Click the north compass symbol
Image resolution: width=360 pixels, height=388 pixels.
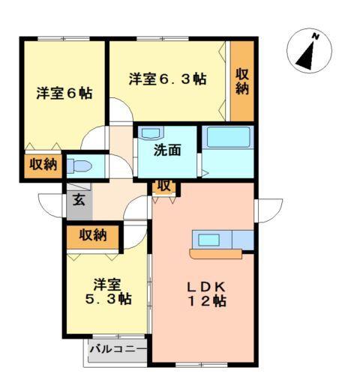[x=309, y=51]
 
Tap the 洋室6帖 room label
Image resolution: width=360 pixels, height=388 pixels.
[x=64, y=94]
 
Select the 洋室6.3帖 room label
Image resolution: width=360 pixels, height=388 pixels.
[x=166, y=79]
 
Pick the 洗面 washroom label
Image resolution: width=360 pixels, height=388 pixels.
[x=167, y=150]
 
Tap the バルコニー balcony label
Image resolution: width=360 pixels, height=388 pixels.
[x=118, y=349]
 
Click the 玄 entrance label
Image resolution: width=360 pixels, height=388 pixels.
[x=78, y=200]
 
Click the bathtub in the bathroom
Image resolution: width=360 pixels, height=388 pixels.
[x=227, y=139]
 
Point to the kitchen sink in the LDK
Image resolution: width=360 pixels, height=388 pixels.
[x=208, y=240]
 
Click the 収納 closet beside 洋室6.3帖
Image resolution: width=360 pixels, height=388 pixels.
[x=241, y=81]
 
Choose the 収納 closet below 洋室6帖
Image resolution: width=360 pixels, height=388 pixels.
[x=43, y=165]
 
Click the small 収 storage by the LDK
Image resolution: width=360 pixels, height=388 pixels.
[x=163, y=186]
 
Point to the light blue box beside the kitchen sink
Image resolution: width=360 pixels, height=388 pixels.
[x=243, y=240]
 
